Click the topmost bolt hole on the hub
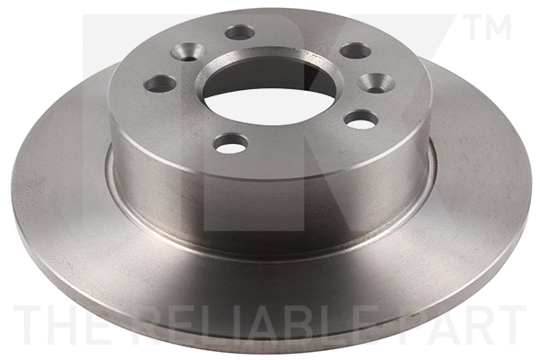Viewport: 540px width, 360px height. [239, 32]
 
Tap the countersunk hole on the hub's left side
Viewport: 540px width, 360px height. [188, 52]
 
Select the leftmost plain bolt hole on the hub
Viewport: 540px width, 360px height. [160, 84]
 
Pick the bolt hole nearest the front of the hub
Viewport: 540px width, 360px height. [231, 142]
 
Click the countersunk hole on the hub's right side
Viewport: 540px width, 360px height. [376, 83]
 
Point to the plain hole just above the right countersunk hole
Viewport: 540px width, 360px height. [355, 50]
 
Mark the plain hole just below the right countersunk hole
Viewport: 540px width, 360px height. [361, 119]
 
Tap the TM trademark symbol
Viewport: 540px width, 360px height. [490, 27]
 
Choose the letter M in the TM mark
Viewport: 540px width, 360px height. [499, 27]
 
